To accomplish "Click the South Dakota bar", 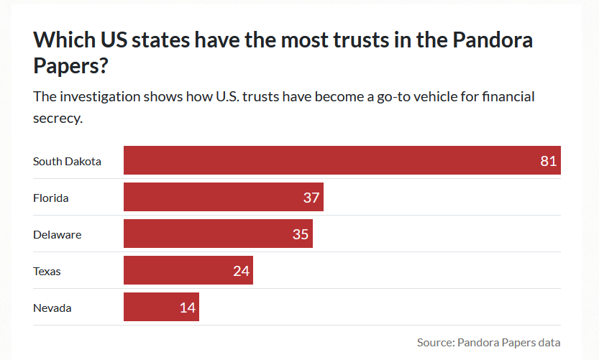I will coord(342,160).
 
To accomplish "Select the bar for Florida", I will coord(223,197).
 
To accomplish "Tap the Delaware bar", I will coord(218,234).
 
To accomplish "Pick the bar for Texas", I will coord(188,271).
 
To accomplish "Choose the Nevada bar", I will coord(161,308).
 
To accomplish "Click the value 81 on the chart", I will coord(549,161).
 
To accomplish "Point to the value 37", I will coord(311,198).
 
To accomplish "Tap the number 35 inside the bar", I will coord(300,234).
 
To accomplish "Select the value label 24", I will coord(241,272).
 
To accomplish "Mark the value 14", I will coord(188,308).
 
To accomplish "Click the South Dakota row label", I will coord(67,161).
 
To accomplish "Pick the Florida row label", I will coord(51,198).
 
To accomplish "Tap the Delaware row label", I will coord(58,234).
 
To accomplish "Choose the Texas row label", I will coord(47,272).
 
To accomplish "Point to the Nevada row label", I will coord(52,308).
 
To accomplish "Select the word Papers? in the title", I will coord(71,65).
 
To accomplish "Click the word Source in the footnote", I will coord(434,342).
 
